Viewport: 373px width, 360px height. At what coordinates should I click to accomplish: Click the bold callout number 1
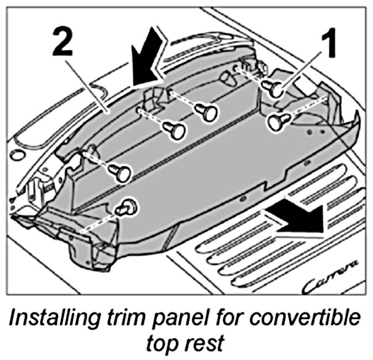click(330, 46)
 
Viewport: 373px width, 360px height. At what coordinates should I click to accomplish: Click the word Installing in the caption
click(53, 320)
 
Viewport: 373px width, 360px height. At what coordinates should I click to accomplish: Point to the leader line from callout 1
click(304, 66)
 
